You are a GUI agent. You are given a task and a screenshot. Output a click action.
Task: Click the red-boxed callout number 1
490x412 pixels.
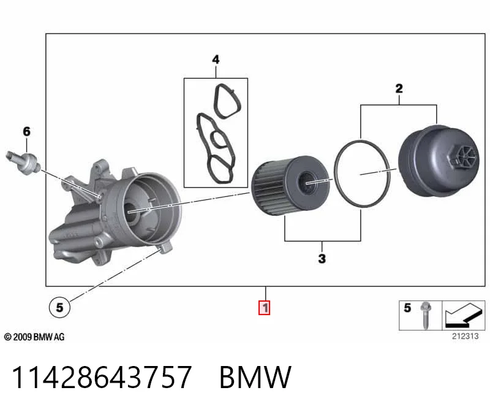[x=265, y=308]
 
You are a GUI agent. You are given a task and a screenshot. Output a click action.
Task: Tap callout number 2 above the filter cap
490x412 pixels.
[x=399, y=88]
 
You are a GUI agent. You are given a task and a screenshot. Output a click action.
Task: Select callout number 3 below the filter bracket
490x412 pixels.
[x=322, y=258]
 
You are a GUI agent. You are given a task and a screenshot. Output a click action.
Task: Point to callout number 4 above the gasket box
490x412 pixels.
[x=216, y=59]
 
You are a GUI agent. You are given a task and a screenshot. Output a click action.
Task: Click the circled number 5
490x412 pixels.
[x=59, y=307]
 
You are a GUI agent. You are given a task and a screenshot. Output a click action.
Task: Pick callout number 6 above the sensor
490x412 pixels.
[x=26, y=131]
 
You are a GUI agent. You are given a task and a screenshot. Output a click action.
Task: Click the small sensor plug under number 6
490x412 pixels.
[x=23, y=162]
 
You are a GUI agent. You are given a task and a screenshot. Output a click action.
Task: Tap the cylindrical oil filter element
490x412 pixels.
[x=290, y=185]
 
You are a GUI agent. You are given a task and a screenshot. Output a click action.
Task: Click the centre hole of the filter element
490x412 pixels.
[x=308, y=182]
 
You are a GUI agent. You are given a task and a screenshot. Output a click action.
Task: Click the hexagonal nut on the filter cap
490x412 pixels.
[x=462, y=157]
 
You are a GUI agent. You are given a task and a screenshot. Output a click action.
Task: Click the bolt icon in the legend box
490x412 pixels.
[x=424, y=315]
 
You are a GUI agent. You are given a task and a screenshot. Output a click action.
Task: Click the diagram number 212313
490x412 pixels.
[x=465, y=337]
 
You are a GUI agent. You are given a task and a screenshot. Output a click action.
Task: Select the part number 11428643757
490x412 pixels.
[x=102, y=377]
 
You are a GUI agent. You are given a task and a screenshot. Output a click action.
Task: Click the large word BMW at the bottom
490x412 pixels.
[x=255, y=377]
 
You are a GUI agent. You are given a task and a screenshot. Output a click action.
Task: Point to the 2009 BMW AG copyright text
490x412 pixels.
[x=34, y=337]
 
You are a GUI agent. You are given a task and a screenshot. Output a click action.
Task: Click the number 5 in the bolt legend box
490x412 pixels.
[x=407, y=308]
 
